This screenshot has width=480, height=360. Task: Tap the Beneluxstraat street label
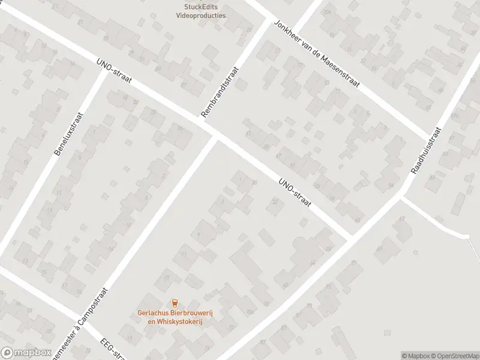[71, 134]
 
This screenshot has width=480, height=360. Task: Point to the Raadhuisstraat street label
[426, 150]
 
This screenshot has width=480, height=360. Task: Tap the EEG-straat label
[112, 349]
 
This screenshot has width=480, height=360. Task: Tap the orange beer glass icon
[175, 303]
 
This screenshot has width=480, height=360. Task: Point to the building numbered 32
[275, 202]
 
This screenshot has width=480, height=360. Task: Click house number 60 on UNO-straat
[358, 220]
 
